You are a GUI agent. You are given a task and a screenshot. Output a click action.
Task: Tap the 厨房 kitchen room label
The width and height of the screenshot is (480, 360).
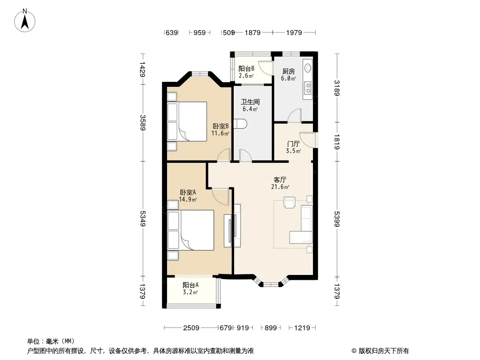click(288, 71)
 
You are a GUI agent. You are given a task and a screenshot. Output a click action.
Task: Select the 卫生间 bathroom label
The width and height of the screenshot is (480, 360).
click(250, 102)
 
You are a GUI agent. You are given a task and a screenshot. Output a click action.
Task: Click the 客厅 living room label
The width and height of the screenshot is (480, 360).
click(280, 180)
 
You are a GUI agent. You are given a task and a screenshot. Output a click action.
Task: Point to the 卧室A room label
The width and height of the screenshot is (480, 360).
click(188, 193)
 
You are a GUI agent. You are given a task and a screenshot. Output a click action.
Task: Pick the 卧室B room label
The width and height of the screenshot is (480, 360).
click(221, 126)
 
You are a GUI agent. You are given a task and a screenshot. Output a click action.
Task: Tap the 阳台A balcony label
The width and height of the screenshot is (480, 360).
click(190, 285)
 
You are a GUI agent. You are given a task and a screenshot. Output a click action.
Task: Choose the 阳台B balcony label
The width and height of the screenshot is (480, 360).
click(246, 68)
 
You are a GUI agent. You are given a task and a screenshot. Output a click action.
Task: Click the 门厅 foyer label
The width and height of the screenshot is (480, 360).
click(293, 144)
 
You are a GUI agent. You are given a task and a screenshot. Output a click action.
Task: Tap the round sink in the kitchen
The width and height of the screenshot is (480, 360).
click(308, 68)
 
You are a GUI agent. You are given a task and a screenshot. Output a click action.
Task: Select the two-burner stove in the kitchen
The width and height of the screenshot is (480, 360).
click(308, 88)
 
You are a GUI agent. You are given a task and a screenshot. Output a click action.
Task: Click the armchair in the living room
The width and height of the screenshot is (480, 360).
click(289, 202)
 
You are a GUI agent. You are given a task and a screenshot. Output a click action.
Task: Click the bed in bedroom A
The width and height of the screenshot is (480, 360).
click(190, 230)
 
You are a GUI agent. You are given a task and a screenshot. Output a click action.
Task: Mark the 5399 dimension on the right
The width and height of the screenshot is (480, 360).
click(337, 219)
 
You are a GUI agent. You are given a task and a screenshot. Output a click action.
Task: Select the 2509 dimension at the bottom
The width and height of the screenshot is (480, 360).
click(191, 328)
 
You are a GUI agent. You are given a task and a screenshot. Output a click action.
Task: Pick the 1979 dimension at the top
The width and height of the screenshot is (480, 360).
click(294, 32)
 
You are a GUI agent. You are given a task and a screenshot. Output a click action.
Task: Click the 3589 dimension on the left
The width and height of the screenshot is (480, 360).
click(143, 122)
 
